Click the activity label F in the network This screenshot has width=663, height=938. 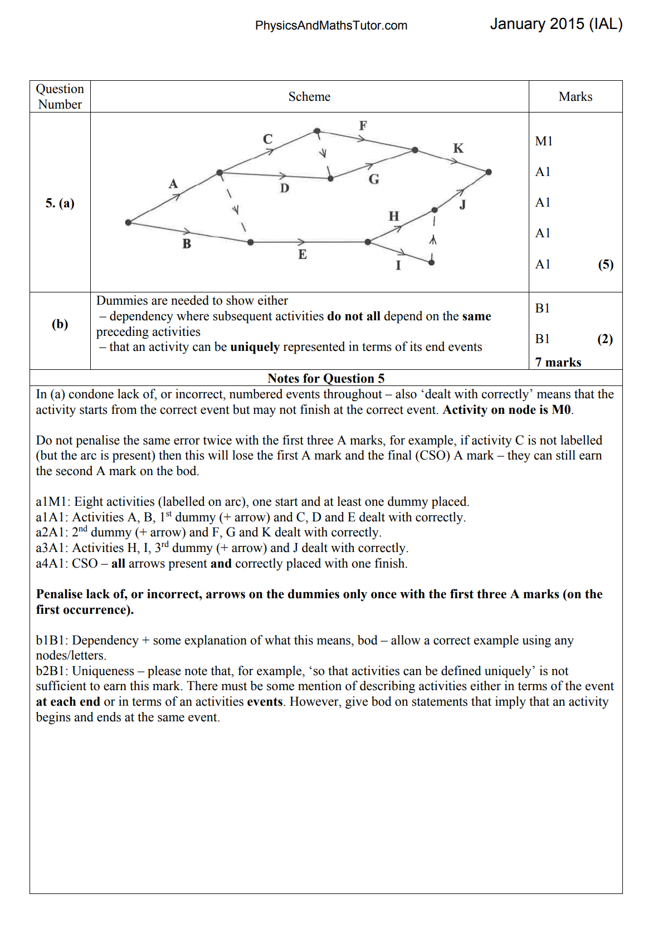point(363,125)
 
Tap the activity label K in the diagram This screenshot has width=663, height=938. point(458,148)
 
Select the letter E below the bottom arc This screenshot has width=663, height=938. point(302,255)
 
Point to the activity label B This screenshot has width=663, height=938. point(187,243)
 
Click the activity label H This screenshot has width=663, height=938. point(394,216)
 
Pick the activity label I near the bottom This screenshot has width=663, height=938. point(398,265)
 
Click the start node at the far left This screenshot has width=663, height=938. point(128,222)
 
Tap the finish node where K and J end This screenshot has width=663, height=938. point(489,172)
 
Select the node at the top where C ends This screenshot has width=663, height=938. point(317,131)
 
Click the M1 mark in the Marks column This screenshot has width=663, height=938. point(544,141)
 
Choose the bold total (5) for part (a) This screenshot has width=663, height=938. point(606,264)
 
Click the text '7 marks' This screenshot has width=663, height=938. point(558,362)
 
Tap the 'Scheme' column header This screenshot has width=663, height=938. point(309,97)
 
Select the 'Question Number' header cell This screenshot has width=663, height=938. point(60,97)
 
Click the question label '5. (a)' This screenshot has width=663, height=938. point(60,203)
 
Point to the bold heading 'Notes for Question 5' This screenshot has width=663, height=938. point(326,378)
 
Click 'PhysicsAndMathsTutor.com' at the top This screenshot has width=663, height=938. point(331,26)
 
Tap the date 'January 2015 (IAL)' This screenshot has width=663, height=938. point(556,24)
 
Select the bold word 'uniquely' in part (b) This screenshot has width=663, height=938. point(255,347)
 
